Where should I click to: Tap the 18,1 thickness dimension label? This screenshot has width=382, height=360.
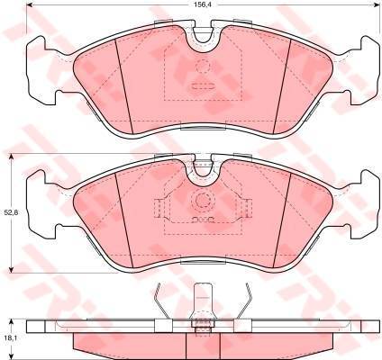coord(10,338)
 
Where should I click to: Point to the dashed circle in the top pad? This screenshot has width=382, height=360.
coord(203,66)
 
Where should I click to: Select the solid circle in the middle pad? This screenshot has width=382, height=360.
coord(202,200)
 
